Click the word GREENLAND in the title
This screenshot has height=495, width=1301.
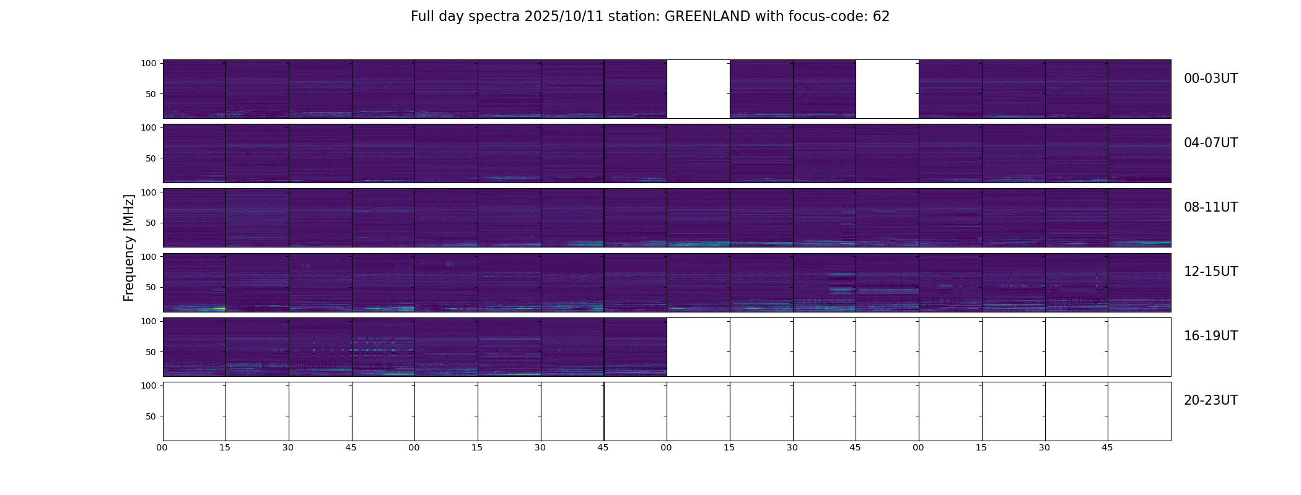click(x=707, y=17)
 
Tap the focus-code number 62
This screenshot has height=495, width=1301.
click(x=881, y=17)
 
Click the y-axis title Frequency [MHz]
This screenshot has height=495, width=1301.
click(x=129, y=247)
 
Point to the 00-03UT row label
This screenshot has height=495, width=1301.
click(x=1211, y=79)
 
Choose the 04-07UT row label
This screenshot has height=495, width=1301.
click(x=1211, y=143)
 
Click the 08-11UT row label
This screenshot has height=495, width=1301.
click(x=1211, y=207)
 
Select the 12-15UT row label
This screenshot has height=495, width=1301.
click(x=1211, y=272)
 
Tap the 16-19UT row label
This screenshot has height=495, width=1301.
click(x=1211, y=336)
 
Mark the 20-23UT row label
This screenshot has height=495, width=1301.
click(x=1211, y=400)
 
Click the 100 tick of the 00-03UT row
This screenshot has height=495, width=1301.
click(x=149, y=63)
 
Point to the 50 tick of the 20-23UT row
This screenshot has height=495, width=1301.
click(x=151, y=416)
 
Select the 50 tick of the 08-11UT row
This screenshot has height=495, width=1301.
click(x=151, y=223)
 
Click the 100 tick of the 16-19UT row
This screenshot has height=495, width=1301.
click(x=149, y=321)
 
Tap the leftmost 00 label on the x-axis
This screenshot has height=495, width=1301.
click(x=162, y=447)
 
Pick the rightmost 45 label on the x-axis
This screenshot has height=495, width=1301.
click(x=1107, y=447)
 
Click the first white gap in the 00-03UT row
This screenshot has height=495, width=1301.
click(x=698, y=89)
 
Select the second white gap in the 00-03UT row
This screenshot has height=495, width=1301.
click(x=887, y=89)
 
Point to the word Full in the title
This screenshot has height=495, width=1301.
click(x=422, y=17)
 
